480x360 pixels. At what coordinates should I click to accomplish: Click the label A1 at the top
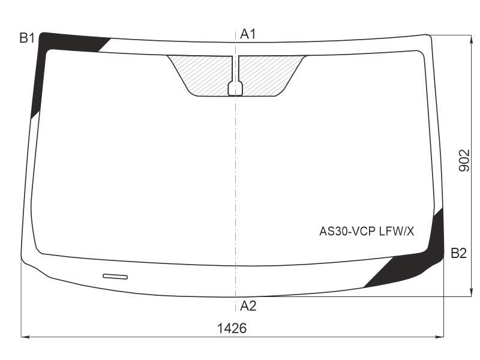pos(248,34)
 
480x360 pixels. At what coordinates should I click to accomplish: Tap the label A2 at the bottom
pos(248,305)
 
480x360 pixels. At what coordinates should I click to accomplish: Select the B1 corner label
pos(27,38)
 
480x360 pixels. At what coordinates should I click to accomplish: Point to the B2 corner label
pos(458,253)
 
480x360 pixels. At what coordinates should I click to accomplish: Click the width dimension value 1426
pos(232,328)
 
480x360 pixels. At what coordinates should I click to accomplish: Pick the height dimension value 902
pos(464,160)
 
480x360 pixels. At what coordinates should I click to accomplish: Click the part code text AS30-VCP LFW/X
pos(367,232)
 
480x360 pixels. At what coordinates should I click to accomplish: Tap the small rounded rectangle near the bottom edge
pos(115,277)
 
